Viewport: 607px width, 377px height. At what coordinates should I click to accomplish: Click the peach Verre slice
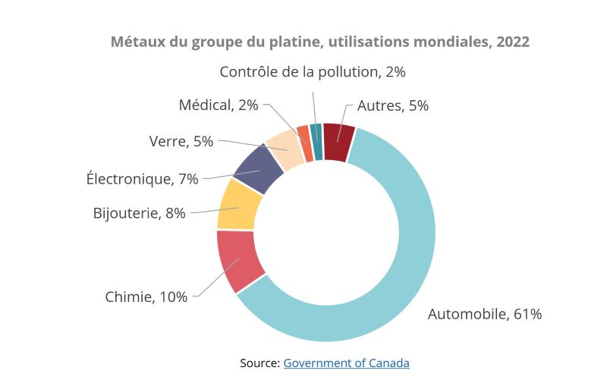click(x=285, y=146)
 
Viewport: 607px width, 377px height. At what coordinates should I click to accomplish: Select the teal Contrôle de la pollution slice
click(x=316, y=131)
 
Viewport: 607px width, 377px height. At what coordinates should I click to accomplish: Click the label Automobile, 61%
click(x=485, y=313)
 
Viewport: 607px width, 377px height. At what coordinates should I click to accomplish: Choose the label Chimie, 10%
click(x=146, y=297)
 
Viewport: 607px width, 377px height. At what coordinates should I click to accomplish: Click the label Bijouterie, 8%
click(x=139, y=213)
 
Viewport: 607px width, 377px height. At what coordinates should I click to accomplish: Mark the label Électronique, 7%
click(x=142, y=179)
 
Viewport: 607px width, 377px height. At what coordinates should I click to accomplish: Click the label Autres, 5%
click(x=393, y=105)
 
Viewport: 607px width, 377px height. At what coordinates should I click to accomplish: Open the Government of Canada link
click(x=346, y=363)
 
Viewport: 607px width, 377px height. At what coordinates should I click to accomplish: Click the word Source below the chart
click(x=259, y=363)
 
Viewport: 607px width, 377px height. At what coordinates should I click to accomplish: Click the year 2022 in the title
click(x=513, y=42)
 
